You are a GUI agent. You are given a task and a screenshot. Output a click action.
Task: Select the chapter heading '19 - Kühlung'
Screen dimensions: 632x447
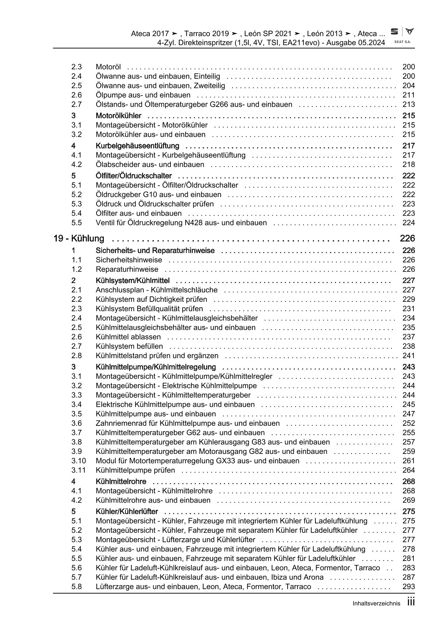[79, 238]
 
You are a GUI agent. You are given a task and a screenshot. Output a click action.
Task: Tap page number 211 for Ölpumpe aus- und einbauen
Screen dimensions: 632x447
[408, 95]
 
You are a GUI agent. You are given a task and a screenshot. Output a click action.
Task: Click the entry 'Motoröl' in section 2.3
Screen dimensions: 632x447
[108, 67]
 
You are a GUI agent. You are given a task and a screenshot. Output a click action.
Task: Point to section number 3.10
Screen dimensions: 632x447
[78, 461]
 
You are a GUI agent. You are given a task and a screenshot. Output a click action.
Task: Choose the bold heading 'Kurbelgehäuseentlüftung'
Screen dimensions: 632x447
[137, 146]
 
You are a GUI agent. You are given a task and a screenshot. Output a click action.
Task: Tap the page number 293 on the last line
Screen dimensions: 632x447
[408, 587]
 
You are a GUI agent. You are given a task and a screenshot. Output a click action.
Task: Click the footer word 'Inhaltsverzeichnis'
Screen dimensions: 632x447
[377, 604]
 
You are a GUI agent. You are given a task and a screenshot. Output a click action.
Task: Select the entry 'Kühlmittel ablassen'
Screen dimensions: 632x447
[128, 337]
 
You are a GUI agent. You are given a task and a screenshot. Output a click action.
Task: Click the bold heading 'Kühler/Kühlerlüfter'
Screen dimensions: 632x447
[127, 511]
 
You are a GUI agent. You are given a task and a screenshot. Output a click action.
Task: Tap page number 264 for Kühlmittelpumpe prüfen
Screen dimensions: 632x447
[408, 470]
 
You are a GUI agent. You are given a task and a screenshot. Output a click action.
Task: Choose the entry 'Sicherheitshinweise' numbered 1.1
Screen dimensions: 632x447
[129, 260]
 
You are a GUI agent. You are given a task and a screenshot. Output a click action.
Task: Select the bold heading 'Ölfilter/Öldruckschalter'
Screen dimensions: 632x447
[134, 176]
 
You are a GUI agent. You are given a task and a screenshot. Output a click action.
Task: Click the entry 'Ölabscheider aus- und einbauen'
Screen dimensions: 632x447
[150, 164]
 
